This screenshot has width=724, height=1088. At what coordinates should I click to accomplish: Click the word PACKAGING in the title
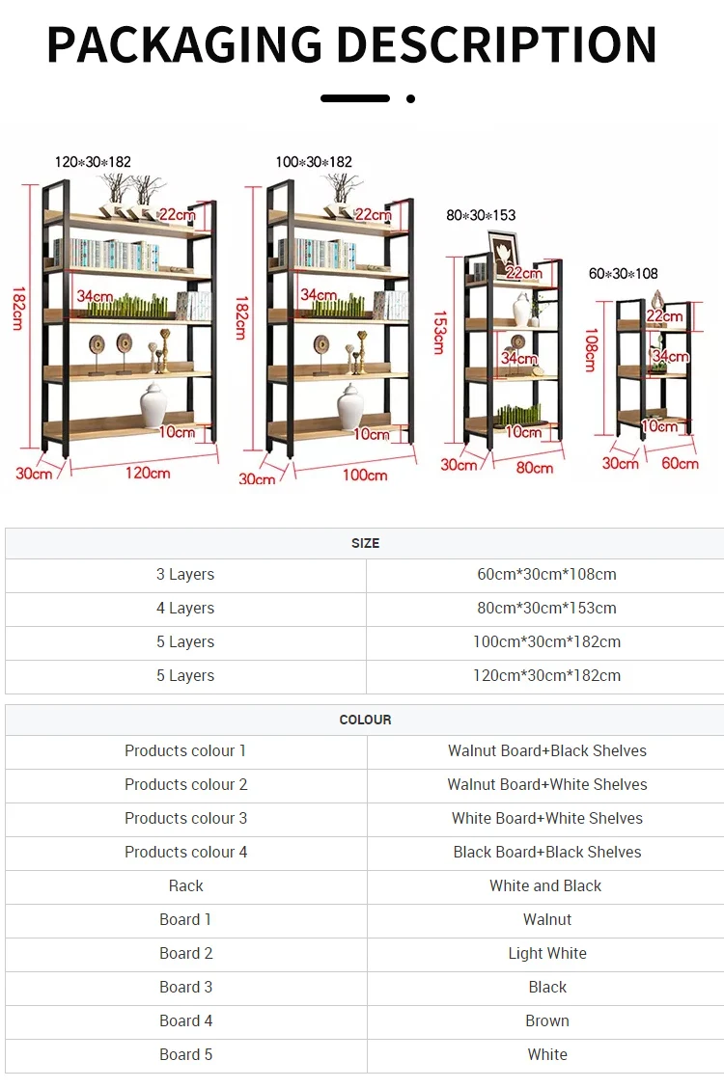(183, 44)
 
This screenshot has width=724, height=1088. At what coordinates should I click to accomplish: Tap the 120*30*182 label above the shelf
(93, 162)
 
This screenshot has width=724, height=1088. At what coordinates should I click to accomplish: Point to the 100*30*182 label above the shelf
(314, 162)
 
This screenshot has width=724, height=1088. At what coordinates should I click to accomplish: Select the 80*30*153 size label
(482, 215)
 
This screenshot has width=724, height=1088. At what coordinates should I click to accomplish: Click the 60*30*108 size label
(624, 274)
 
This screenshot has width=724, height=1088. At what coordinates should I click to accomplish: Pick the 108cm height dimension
(590, 349)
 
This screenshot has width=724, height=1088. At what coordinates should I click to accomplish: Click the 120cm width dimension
(147, 473)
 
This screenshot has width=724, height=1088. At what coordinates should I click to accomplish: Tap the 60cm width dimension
(680, 463)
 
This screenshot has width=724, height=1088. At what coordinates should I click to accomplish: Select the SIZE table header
(365, 543)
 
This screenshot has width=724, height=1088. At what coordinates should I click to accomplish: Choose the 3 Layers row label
(185, 574)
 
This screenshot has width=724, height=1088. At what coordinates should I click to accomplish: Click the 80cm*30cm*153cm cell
(546, 608)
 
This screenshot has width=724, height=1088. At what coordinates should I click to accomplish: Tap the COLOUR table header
(365, 720)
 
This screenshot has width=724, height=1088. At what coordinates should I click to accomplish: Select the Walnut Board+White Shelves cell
(547, 784)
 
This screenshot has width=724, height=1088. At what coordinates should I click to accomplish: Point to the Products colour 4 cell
(185, 852)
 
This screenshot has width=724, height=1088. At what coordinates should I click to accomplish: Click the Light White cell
(547, 953)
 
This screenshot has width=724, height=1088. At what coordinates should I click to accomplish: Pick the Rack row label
(185, 885)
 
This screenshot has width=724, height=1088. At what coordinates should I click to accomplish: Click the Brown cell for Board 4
(547, 1020)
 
